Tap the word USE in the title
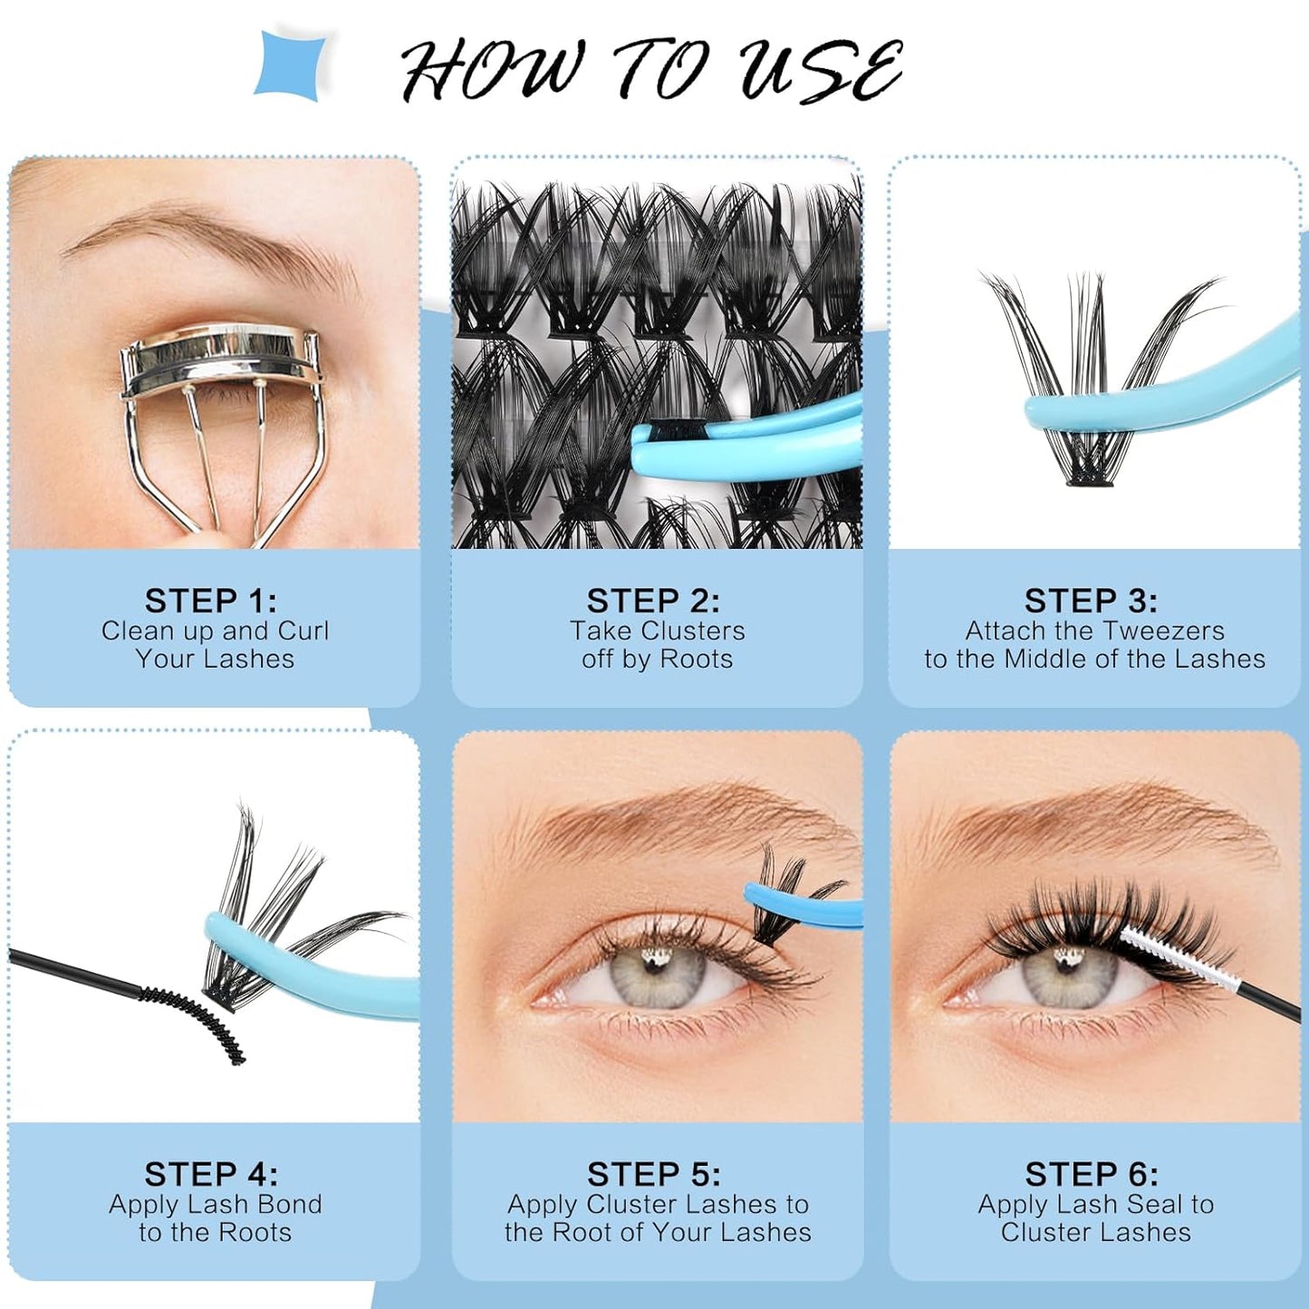[x=820, y=70]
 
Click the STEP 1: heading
[x=211, y=601]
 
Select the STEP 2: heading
[x=653, y=601]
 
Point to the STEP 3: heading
[x=1091, y=601]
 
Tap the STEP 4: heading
[x=211, y=1174]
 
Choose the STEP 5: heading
[x=653, y=1174]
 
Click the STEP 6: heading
[x=1092, y=1174]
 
